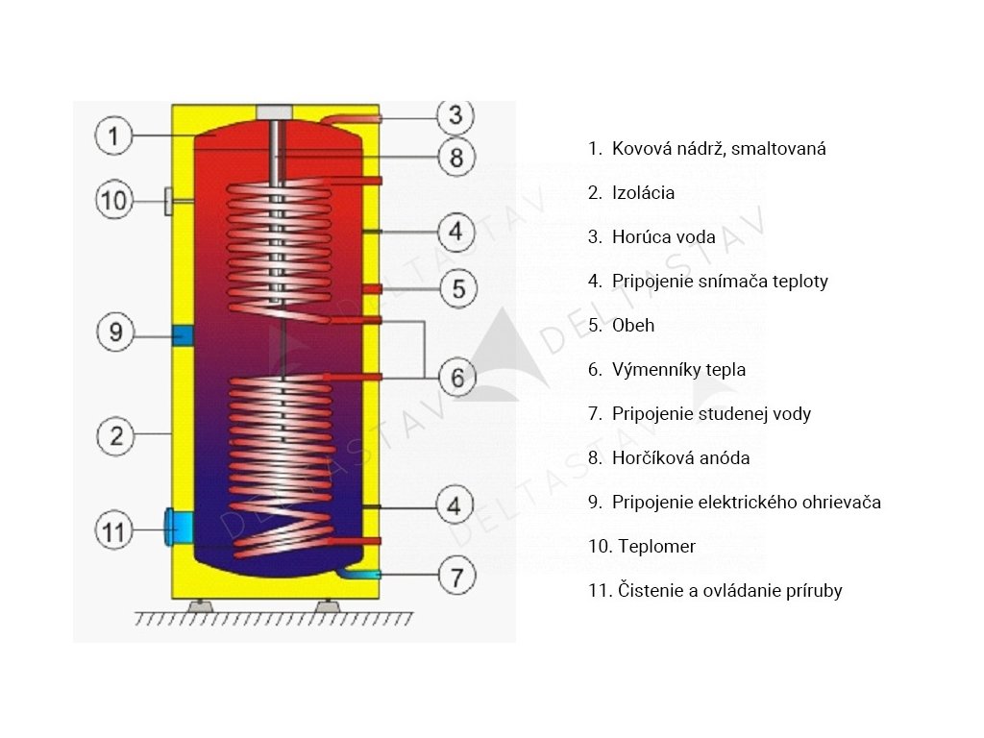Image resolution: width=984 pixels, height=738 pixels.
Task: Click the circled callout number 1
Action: (113, 135)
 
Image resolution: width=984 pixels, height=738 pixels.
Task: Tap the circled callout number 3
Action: (455, 116)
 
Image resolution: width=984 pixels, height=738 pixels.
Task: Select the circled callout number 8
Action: (456, 157)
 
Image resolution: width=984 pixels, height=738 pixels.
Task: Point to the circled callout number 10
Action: (114, 201)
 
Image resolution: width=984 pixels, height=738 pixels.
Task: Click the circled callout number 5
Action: (458, 289)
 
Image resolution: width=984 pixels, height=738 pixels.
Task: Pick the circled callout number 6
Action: (457, 378)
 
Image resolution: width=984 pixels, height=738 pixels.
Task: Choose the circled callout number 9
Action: (115, 332)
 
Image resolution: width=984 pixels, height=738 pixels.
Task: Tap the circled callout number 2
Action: (116, 436)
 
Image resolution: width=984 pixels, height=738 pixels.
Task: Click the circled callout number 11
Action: (113, 530)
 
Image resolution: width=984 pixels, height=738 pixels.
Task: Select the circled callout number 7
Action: (456, 577)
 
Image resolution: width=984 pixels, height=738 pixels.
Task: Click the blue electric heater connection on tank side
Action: (183, 335)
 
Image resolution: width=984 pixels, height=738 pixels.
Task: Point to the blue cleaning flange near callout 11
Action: (178, 528)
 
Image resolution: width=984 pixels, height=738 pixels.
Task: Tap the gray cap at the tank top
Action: (274, 112)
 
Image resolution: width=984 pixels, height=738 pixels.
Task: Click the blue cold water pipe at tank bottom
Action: (357, 574)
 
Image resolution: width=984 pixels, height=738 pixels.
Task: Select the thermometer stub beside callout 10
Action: (169, 201)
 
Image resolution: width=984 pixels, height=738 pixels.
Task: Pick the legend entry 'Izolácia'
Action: (631, 192)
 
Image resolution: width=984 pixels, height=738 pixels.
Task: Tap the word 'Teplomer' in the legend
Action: (656, 547)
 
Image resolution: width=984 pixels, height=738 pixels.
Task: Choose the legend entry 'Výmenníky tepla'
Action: (667, 370)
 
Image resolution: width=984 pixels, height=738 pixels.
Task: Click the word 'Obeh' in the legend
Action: (633, 325)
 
